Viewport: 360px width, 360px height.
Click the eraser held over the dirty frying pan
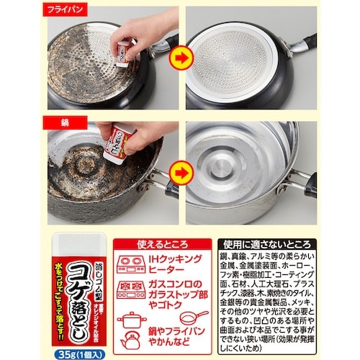125,49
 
